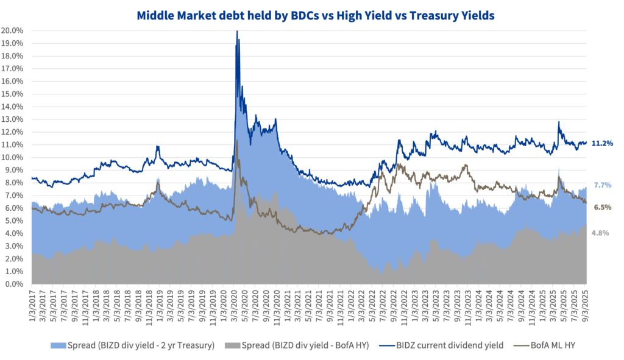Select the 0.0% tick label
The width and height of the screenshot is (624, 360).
(14, 284)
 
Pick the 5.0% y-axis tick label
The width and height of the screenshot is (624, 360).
(14, 221)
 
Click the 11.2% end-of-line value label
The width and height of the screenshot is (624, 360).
(602, 144)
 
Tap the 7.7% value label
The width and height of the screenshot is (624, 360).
(602, 185)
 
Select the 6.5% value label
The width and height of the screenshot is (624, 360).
(602, 207)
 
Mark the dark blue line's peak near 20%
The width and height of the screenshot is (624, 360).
(236, 31)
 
